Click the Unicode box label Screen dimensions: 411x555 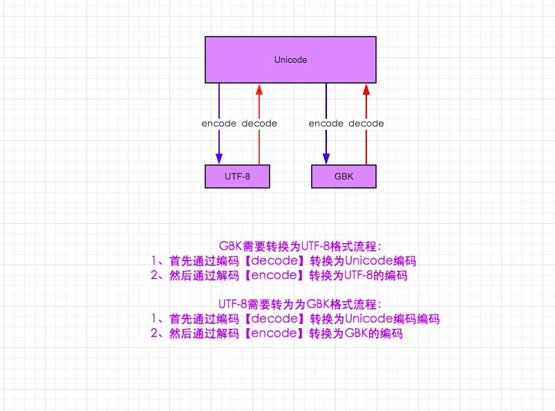coord(290,60)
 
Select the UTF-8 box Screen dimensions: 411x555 coord(237,177)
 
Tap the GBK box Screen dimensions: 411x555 coord(344,177)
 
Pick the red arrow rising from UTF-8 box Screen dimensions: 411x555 coord(258,145)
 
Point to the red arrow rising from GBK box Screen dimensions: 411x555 coord(366,145)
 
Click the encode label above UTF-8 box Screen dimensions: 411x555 coord(219,124)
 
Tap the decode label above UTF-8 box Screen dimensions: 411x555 coord(259,124)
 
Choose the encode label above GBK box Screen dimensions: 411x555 coord(326,124)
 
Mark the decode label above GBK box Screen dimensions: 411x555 coord(366,124)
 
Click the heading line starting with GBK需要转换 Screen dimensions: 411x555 coord(301,246)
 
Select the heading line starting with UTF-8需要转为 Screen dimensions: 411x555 coord(300,304)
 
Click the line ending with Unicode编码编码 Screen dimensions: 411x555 coord(294,319)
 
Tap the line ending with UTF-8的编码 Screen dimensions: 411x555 coord(279,276)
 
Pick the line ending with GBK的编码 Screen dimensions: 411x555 coord(276,334)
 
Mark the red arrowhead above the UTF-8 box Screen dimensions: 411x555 coord(258,89)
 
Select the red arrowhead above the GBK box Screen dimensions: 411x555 coord(366,89)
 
